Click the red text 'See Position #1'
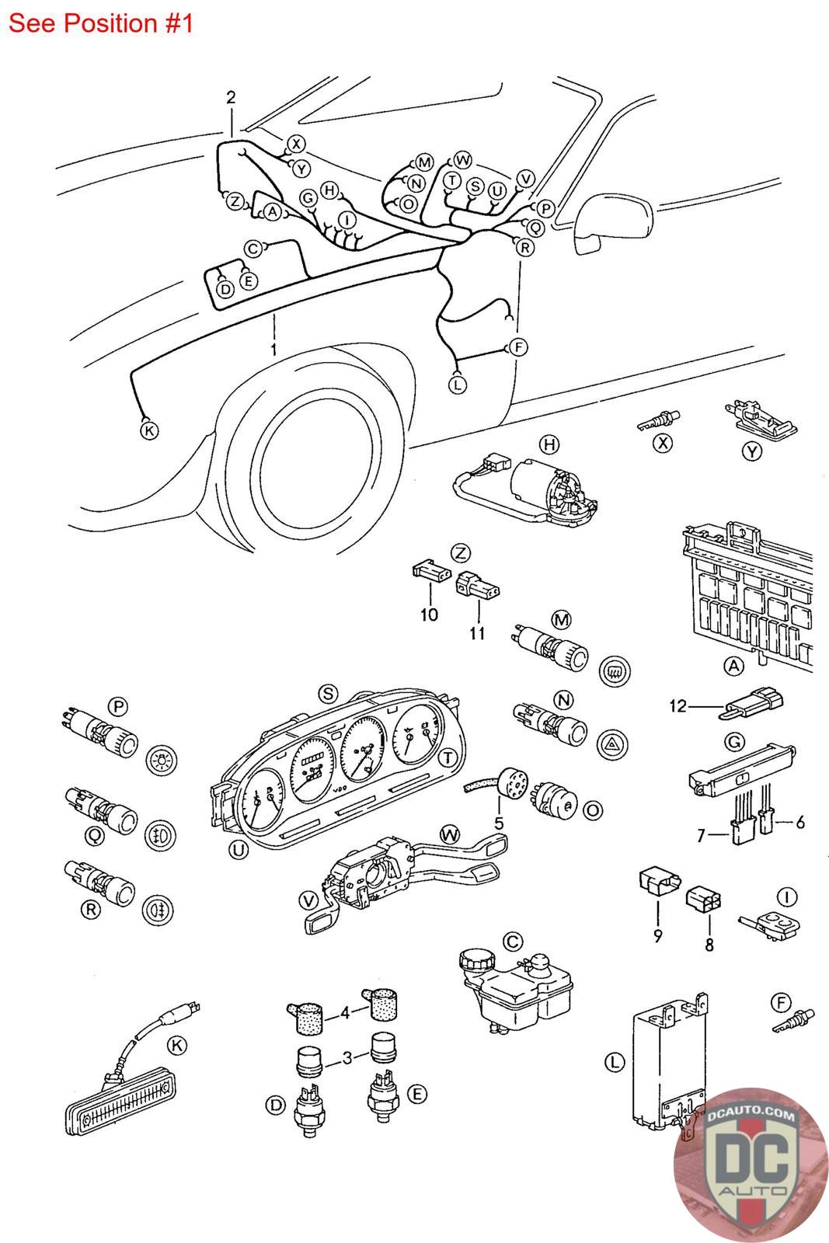100,23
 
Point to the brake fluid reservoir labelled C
515,991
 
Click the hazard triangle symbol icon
612,744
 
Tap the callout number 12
678,706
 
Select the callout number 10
429,615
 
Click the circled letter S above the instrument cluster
328,694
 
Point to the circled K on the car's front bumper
148,430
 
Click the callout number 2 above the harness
231,98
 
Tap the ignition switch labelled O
552,802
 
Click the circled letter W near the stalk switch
450,834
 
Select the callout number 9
657,935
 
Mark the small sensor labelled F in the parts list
793,1021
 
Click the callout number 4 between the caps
345,1013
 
